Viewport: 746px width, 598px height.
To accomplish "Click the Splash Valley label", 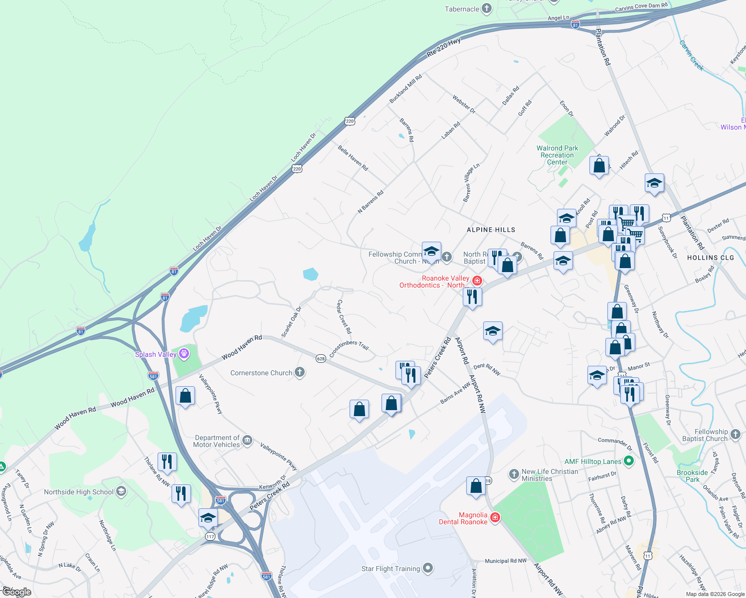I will [156, 354].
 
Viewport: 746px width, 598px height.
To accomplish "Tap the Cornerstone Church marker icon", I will [300, 372].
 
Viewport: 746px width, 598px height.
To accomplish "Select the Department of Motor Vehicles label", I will [217, 441].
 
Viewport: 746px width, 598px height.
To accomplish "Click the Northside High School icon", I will [121, 492].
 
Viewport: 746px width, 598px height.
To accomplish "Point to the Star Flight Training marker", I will [428, 568].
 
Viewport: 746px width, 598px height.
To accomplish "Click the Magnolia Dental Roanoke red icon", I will [495, 518].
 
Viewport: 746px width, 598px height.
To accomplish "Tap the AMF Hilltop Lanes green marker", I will [629, 461].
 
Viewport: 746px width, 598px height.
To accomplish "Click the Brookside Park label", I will [692, 476].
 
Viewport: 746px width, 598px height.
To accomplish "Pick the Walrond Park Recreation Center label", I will [557, 155].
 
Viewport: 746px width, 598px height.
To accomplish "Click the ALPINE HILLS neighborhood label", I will [491, 230].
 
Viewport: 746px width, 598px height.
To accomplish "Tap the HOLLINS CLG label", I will [711, 258].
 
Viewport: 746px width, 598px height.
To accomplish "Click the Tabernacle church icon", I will [487, 8].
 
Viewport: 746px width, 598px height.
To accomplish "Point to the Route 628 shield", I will [321, 358].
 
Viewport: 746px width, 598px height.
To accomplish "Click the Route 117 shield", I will [210, 536].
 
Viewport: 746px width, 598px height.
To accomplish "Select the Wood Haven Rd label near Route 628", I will [242, 347].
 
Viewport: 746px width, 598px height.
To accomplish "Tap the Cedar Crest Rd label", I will [344, 317].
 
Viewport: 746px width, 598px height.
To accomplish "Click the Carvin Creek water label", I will [691, 55].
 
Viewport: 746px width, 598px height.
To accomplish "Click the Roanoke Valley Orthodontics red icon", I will [477, 281].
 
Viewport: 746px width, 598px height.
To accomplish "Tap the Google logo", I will [16, 592].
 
